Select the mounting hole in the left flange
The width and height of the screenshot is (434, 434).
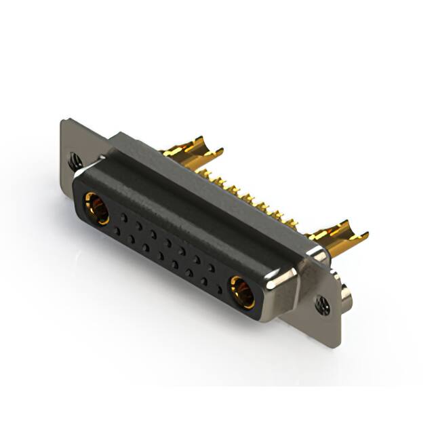tap(75, 161)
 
